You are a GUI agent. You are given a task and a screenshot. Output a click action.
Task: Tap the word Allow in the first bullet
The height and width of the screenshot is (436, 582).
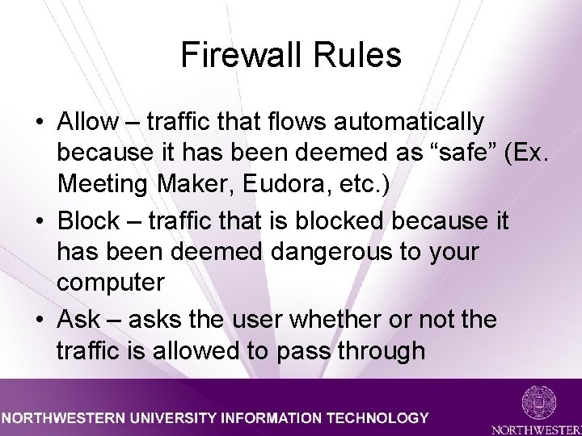pyautogui.click(x=87, y=122)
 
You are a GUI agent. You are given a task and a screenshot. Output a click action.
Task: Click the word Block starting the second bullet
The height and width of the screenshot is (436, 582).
pyautogui.click(x=91, y=221)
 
